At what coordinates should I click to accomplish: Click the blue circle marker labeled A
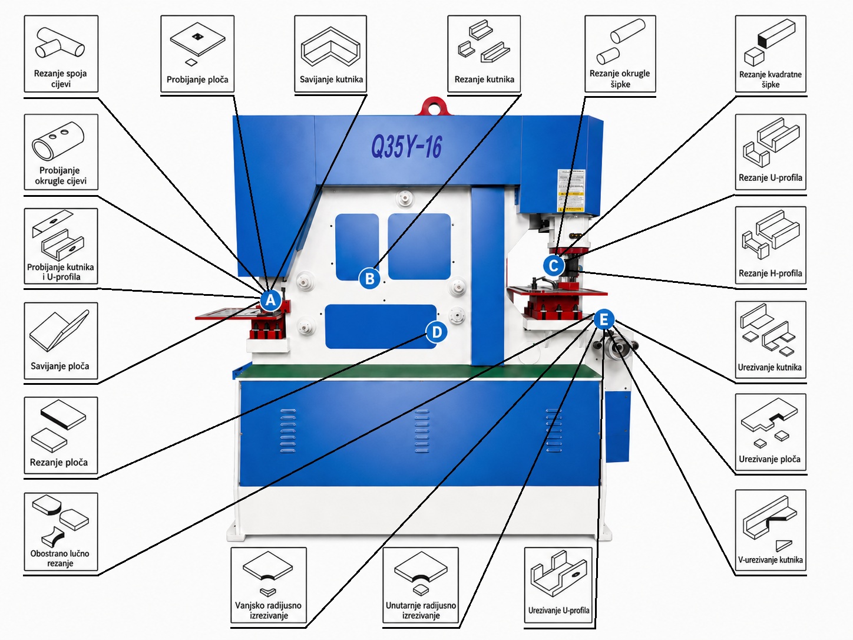(x=270, y=300)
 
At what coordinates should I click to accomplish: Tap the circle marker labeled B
(x=369, y=278)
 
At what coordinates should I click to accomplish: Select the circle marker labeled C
(x=554, y=266)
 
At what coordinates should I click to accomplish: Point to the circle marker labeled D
(x=437, y=332)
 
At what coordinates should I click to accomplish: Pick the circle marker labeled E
(x=604, y=319)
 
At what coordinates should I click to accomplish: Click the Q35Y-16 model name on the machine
(x=406, y=147)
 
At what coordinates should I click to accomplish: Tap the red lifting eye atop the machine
(x=435, y=105)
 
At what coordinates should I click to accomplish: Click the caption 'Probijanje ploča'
(x=197, y=80)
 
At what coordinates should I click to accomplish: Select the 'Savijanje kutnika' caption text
(x=331, y=80)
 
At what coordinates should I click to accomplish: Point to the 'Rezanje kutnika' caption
(x=484, y=80)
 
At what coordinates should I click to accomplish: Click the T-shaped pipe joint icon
(x=60, y=43)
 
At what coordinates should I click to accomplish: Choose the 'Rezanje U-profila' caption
(x=770, y=178)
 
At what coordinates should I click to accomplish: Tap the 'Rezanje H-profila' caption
(x=770, y=273)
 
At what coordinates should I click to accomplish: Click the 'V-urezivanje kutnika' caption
(x=770, y=560)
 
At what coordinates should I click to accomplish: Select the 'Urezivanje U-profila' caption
(x=558, y=611)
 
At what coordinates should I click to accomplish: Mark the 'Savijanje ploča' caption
(x=60, y=367)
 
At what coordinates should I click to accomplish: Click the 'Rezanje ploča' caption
(x=59, y=463)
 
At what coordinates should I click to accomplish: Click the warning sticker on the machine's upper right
(x=571, y=190)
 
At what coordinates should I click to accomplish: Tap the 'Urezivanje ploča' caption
(x=769, y=459)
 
